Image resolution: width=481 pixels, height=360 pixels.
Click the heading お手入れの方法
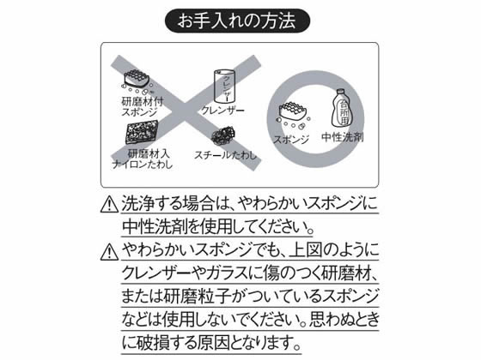click(240, 19)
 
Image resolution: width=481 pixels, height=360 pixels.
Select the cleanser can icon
click(222, 86)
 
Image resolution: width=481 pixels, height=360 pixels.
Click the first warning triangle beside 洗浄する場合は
click(107, 206)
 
